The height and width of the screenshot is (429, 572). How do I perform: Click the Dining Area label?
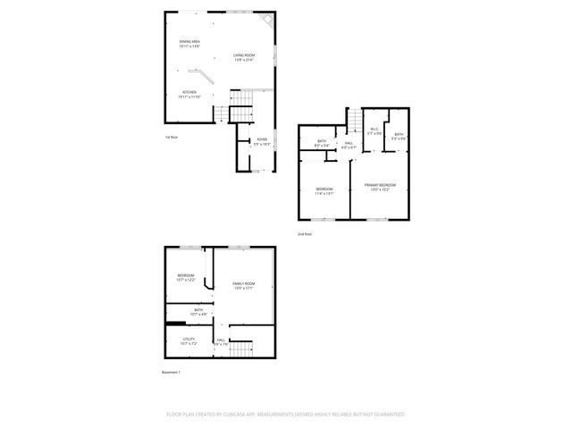pos(189,43)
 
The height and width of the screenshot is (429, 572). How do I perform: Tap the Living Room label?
pos(244,58)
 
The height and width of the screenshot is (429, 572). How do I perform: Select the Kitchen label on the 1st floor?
pos(189,93)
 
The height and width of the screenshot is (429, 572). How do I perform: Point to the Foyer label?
pos(262,141)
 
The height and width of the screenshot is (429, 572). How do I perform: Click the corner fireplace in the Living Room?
pos(266,20)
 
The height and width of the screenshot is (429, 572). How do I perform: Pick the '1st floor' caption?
pos(172,138)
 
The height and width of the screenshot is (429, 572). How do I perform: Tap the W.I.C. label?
pos(375,131)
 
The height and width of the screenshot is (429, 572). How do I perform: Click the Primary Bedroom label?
pos(380,186)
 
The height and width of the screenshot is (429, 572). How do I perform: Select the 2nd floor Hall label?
pos(349,145)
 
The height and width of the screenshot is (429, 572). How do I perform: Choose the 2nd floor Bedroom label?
pos(324,189)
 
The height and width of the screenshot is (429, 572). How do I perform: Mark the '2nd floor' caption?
pos(305,233)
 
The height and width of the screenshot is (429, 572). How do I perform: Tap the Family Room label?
pos(244,285)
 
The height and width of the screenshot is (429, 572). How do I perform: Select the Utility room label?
pos(189,341)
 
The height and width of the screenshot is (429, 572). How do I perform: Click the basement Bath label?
pos(198,312)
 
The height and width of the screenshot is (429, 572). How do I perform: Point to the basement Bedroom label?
pos(185,277)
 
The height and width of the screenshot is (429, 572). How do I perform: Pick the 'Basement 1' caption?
pos(171,372)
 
